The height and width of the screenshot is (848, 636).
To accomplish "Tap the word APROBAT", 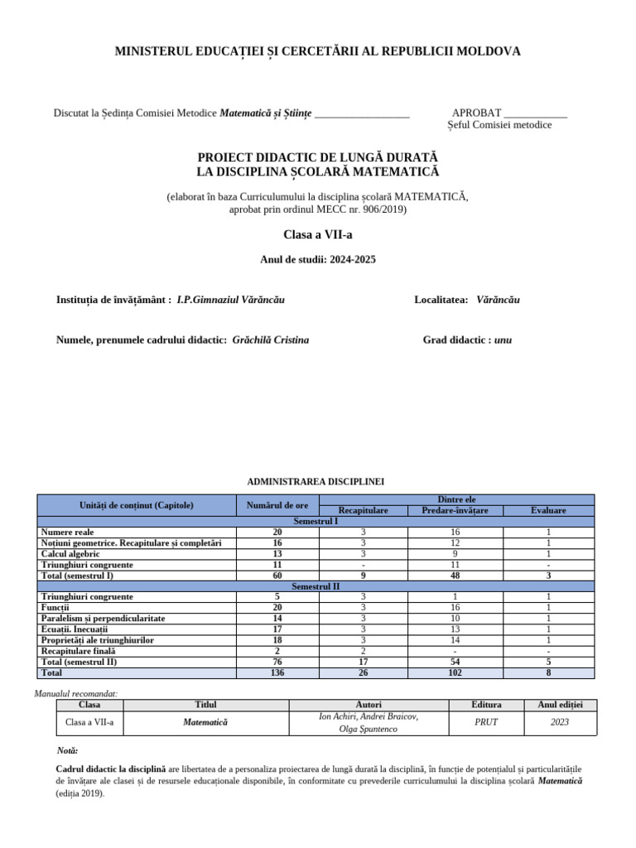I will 476,112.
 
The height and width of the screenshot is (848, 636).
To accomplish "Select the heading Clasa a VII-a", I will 317,235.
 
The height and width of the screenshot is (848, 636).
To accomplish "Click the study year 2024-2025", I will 352,260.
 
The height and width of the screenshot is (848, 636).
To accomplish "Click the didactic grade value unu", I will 503,340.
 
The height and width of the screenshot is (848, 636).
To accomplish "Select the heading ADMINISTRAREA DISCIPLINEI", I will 316,481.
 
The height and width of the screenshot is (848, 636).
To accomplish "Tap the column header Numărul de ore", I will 277,505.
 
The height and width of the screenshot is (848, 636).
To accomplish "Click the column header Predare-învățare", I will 450,511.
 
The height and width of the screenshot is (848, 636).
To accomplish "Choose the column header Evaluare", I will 548,511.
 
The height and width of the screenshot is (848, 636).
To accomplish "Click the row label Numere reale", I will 68,532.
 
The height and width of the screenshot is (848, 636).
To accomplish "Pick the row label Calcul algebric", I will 70,553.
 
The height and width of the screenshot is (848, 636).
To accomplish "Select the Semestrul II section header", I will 316,585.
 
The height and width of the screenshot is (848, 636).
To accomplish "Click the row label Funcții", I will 55,607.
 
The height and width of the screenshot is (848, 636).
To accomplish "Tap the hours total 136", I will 277,672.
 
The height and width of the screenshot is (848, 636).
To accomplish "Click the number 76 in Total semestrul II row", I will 277,662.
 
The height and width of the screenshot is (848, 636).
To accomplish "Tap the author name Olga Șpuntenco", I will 369,729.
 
